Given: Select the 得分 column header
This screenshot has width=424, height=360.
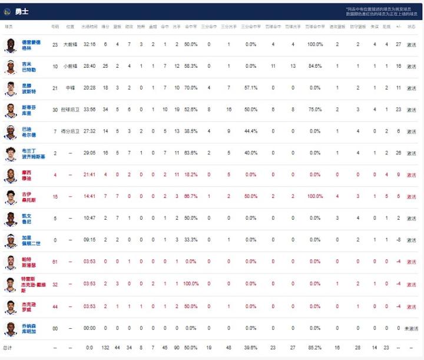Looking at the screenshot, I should [x=105, y=27].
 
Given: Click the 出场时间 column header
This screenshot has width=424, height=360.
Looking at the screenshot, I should [x=90, y=27].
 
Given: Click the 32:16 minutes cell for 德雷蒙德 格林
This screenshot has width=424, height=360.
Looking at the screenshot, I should [x=90, y=44].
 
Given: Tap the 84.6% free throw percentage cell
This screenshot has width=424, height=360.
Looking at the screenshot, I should [x=314, y=66].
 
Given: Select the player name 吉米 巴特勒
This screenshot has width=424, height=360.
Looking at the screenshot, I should [x=29, y=66].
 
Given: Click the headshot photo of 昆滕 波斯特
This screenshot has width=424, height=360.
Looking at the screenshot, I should [x=10, y=88].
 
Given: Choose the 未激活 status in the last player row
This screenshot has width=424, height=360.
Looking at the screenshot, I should [x=411, y=328].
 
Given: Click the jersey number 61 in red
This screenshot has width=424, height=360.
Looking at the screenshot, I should [x=55, y=262].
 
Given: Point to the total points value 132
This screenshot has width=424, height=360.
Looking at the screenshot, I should [x=105, y=348].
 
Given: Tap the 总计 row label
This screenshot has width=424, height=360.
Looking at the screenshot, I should [x=8, y=348].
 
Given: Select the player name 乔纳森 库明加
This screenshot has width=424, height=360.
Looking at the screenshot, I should [x=30, y=328].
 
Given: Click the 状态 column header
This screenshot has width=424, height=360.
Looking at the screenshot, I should [x=411, y=27].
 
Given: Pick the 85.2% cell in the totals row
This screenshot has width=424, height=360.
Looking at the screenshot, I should [x=314, y=348].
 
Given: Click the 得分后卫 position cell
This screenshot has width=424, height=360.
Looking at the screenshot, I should [x=71, y=131].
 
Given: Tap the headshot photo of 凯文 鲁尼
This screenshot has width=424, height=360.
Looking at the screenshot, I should [x=10, y=219].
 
